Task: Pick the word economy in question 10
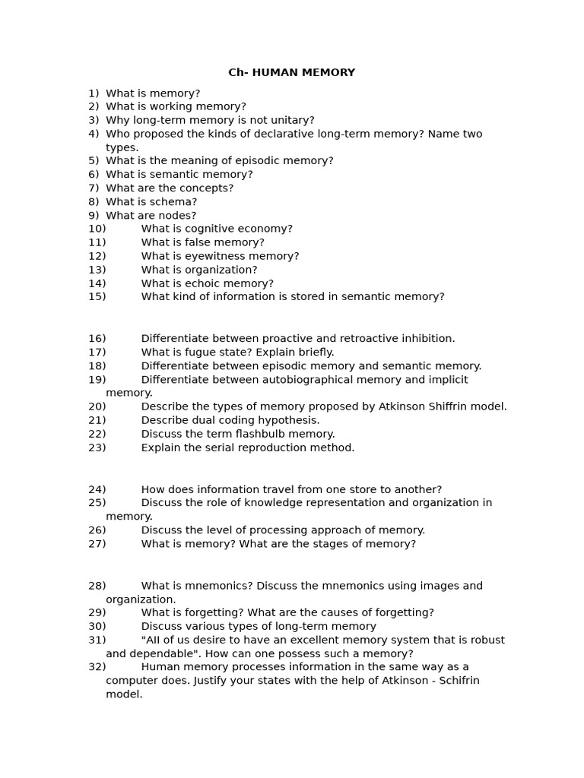pos(264,229)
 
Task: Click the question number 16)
pos(97,339)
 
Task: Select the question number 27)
pos(97,544)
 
